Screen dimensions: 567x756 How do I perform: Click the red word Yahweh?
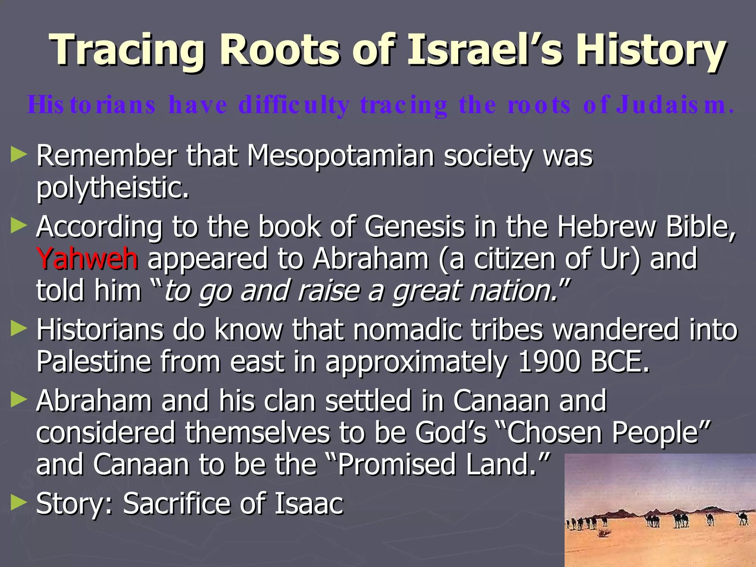(87, 259)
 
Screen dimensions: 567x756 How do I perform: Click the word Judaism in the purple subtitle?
(674, 105)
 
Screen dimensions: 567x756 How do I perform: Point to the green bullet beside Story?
(19, 503)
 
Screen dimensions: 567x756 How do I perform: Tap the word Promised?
(397, 464)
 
